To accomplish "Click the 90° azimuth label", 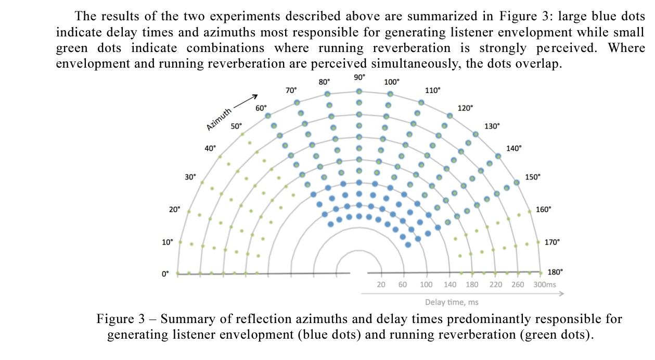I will (x=359, y=76).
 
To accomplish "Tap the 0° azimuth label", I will (x=165, y=274).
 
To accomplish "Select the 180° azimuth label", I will (x=555, y=272).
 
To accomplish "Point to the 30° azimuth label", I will (x=190, y=177).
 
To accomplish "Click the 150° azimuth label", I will (x=533, y=177).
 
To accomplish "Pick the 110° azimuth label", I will (x=432, y=90).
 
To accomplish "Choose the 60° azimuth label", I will (x=261, y=108).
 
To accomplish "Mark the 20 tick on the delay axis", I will (x=381, y=285).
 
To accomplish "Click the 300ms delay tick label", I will (x=545, y=285).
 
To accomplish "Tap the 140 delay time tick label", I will (x=450, y=285).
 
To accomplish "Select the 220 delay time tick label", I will (x=496, y=285).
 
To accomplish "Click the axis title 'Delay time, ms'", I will (x=452, y=302).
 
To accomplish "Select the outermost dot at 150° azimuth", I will (x=517, y=182).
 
